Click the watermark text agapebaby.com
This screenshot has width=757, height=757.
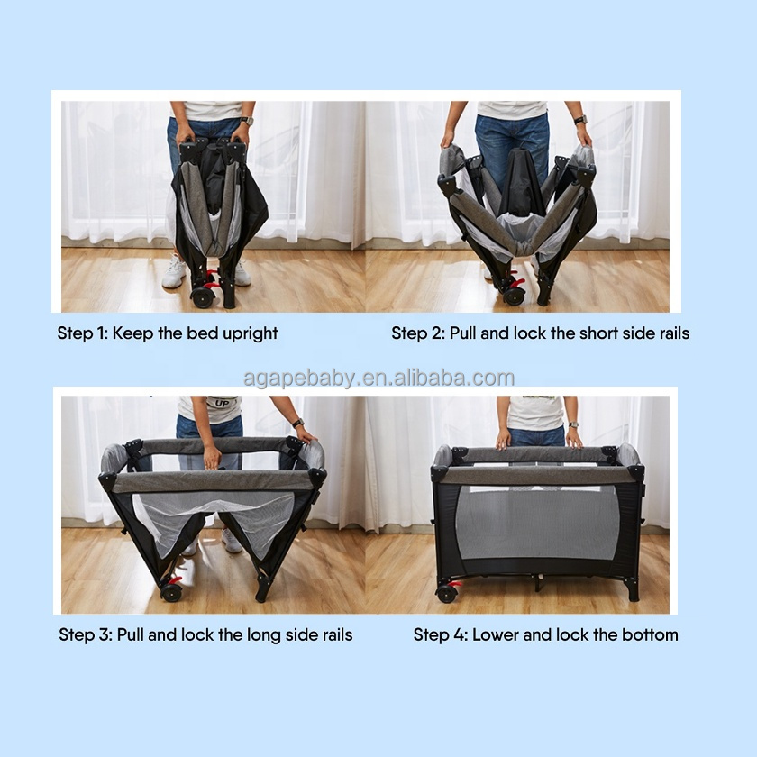tap(378, 378)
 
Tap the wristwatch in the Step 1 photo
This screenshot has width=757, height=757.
tap(247, 121)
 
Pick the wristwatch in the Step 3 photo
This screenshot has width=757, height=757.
tap(297, 422)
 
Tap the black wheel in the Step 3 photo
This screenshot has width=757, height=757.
tap(170, 592)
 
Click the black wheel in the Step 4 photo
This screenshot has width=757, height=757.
tap(445, 593)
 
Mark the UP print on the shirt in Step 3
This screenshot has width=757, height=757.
tap(219, 403)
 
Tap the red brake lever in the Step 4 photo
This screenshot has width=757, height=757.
tap(457, 584)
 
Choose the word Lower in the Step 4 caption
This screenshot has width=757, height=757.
tap(496, 634)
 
